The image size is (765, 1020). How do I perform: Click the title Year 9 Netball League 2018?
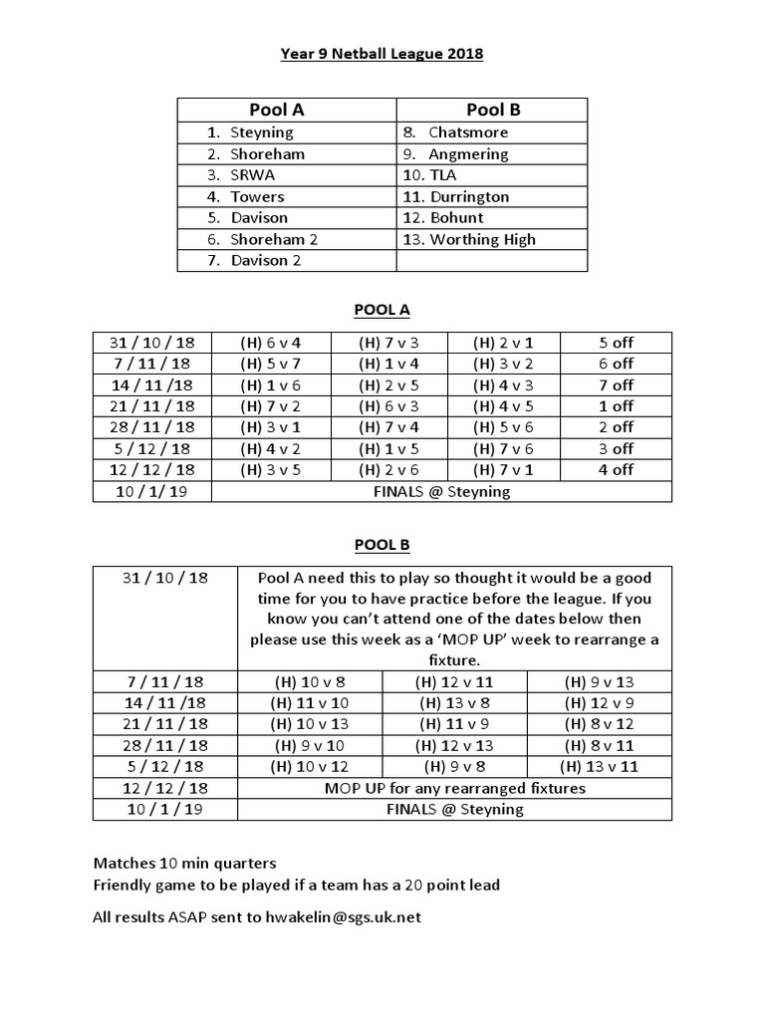coord(382,54)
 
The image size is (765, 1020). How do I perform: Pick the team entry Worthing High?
coord(482,239)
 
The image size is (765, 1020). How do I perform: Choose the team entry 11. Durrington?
coord(468,197)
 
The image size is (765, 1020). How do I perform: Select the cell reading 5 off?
coord(616,343)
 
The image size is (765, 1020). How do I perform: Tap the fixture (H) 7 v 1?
coord(504,470)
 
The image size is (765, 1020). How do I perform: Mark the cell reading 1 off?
coord(616,406)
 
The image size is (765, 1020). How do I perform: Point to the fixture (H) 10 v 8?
coord(310,682)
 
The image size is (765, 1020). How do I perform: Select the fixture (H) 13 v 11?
coord(599,767)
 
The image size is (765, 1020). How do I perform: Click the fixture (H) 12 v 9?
coord(599,703)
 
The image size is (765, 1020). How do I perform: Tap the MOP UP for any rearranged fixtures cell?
coord(454,788)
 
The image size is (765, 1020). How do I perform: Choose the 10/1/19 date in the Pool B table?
coord(166,809)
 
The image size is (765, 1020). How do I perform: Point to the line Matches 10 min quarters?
coord(184,863)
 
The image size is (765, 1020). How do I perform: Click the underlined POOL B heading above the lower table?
coord(382,545)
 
